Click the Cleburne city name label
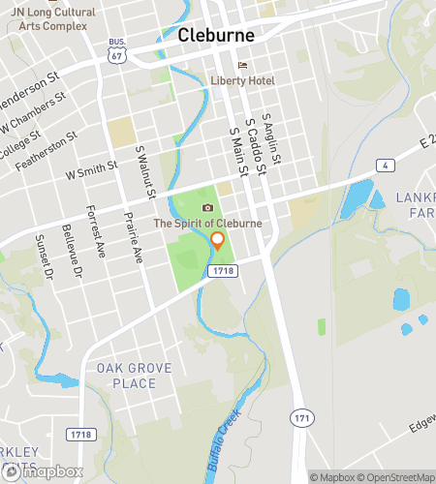pyautogui.click(x=216, y=35)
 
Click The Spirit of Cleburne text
pyautogui.click(x=206, y=224)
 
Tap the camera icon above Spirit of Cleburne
pyautogui.click(x=206, y=208)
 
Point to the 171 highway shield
pyautogui.click(x=301, y=415)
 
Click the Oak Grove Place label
pyautogui.click(x=125, y=376)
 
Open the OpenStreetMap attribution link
pyautogui.click(x=395, y=476)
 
